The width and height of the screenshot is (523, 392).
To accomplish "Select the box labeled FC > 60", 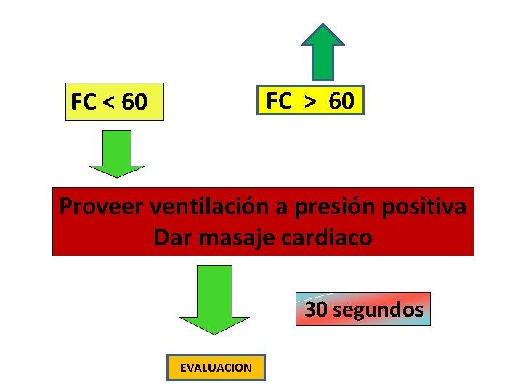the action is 310,101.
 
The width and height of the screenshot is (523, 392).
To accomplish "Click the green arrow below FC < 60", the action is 117,154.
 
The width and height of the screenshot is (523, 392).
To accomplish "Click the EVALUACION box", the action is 216,367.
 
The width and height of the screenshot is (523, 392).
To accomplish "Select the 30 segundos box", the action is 363,309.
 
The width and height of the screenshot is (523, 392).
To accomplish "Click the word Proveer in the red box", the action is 102,206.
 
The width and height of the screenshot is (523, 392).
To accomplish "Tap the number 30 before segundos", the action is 315,310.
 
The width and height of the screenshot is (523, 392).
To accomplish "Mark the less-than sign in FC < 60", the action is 108,102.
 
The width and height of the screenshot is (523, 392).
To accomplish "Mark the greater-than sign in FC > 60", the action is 309,102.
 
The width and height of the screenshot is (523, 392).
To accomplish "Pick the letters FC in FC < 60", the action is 84,102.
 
